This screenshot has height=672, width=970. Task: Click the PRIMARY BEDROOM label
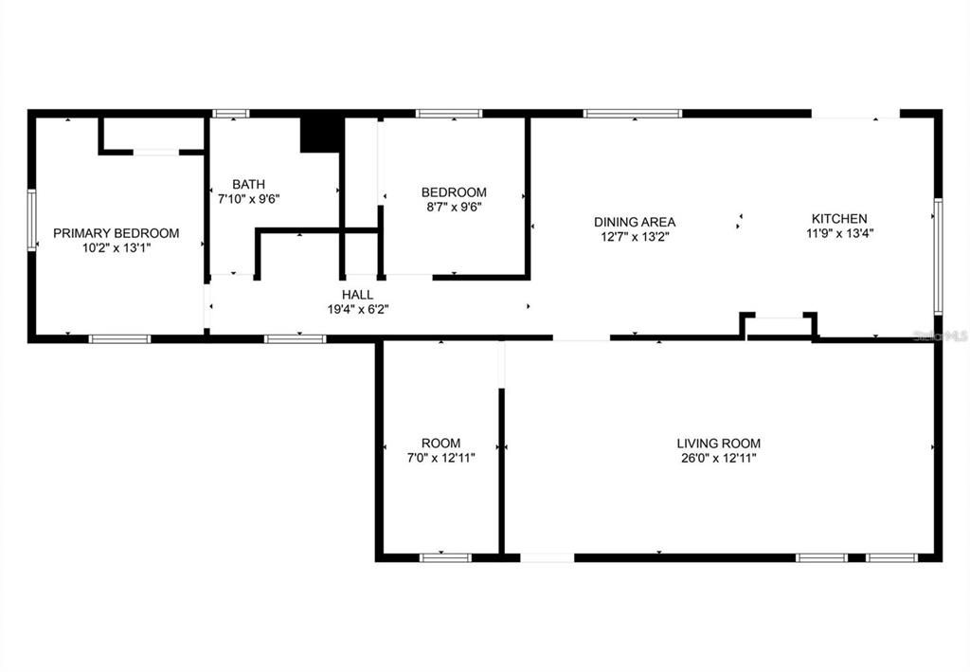(116, 233)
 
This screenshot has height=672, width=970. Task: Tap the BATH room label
(249, 184)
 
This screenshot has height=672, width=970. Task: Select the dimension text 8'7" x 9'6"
(454, 208)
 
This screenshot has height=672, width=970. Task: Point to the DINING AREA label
(635, 222)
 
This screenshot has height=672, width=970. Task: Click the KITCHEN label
(836, 218)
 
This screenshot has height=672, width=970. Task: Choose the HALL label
(357, 295)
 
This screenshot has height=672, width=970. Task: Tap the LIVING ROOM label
(718, 443)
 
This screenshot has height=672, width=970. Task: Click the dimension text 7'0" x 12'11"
(440, 458)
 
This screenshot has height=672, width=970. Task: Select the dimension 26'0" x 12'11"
(718, 458)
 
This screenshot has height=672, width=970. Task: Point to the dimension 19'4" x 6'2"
(357, 309)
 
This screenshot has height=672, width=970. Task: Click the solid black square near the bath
(320, 133)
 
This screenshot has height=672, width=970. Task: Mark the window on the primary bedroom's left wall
(31, 220)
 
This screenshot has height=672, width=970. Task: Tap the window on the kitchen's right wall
(937, 255)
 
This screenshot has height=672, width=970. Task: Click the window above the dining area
(632, 114)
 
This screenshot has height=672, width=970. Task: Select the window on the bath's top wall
(230, 114)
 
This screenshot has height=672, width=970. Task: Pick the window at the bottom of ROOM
(445, 557)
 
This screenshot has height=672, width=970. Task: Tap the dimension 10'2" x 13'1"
(116, 248)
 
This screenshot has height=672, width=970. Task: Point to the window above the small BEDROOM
(449, 114)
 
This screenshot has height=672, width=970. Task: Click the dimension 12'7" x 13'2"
(635, 237)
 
